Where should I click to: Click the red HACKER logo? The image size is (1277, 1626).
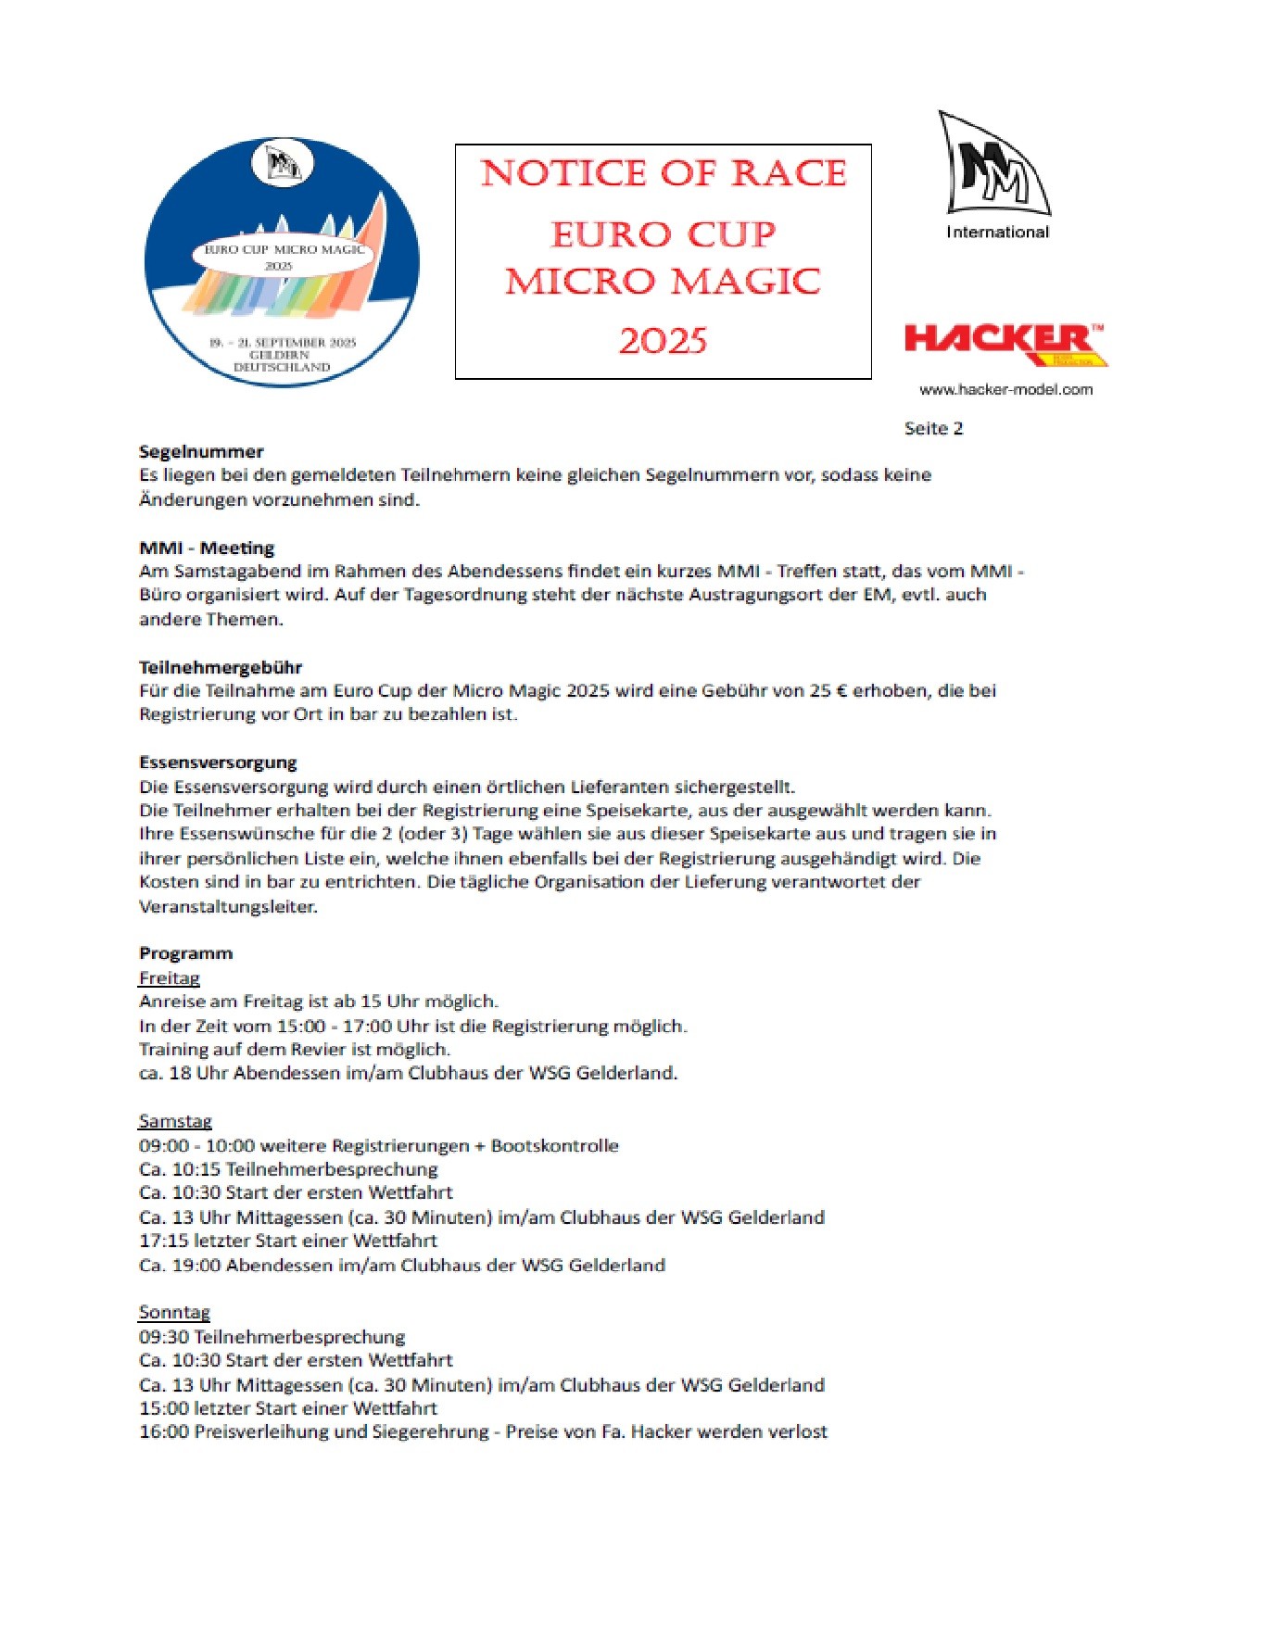pos(1005,343)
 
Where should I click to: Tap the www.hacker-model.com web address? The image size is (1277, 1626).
pos(1005,390)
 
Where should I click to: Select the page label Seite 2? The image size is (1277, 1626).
pos(933,428)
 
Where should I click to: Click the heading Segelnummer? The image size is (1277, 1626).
pos(201,452)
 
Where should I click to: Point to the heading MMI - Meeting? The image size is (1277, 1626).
pos(207,548)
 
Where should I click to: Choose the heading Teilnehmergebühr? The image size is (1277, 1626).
pos(221,667)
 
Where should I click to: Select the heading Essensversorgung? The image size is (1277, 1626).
pos(218,763)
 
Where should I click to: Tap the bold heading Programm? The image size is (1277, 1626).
pos(186,953)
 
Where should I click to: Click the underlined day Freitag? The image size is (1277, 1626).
pos(170,977)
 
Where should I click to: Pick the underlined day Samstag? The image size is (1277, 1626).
pos(175,1121)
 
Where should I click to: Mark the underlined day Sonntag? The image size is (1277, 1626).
pos(174,1312)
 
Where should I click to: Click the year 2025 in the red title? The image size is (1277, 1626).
pos(663,342)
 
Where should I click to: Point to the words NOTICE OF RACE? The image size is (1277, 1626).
pos(664,173)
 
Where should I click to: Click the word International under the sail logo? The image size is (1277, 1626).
pos(997,233)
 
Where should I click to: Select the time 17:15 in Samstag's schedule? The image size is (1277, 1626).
pos(163,1241)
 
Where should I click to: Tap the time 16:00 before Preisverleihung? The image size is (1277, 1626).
pos(164,1431)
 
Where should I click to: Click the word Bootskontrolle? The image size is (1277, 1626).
pos(554,1145)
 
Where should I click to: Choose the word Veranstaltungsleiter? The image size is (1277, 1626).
pos(228,906)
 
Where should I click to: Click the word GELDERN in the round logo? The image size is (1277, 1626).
pos(279,355)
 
